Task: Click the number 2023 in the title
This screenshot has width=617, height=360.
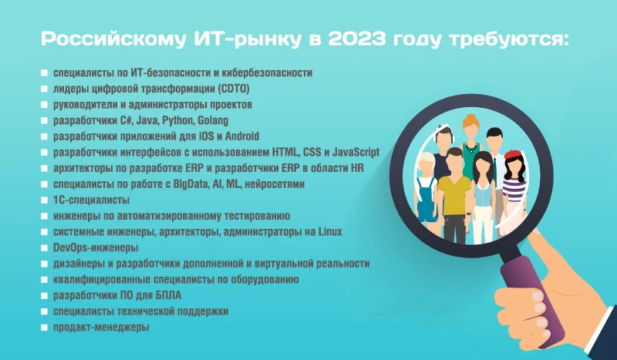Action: pos(356,39)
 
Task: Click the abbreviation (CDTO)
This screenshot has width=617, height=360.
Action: pos(234,89)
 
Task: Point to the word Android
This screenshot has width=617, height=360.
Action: pos(242,136)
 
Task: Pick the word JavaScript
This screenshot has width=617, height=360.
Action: pos(356,153)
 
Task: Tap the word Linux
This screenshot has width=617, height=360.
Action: pos(330,232)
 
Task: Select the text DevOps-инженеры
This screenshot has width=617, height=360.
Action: pos(96,248)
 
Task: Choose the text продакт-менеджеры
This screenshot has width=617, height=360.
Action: pos(102,328)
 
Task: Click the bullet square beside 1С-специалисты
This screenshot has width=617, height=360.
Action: pos(44,200)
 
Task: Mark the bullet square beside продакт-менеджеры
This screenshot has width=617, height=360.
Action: pos(44,328)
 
